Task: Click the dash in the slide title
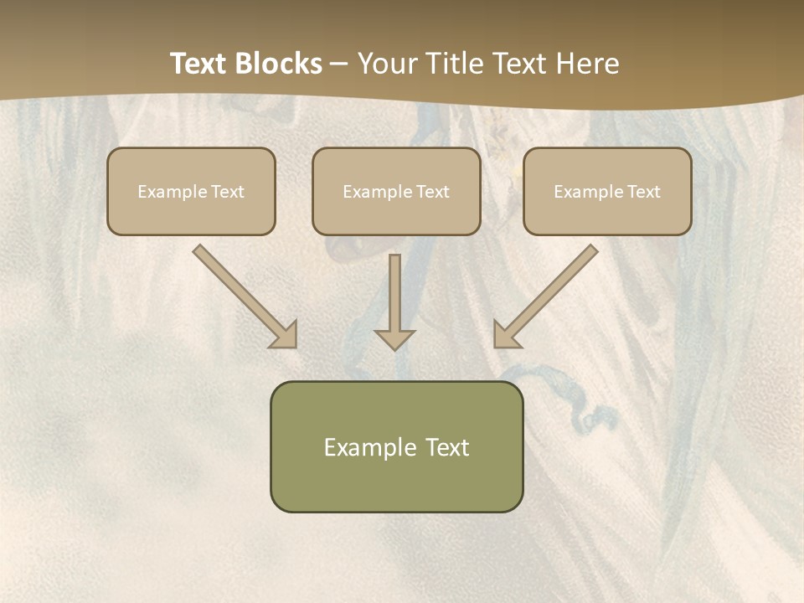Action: tap(339, 64)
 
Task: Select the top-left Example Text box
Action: tap(191, 192)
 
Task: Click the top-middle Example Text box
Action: tap(396, 192)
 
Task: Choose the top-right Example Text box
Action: tap(607, 192)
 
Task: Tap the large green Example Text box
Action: tap(396, 446)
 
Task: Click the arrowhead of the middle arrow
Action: tap(394, 338)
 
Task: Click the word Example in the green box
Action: tap(369, 447)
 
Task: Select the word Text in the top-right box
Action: tap(643, 192)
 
